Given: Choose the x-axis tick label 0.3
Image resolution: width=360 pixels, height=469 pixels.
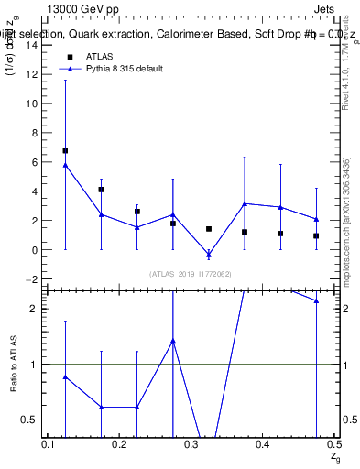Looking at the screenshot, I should coord(191,444).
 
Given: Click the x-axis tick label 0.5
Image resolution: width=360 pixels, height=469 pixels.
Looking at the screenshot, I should coord(333,444).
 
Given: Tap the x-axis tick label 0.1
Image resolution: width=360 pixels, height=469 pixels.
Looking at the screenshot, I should coord(49,444).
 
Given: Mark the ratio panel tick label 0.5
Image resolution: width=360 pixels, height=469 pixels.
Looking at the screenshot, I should coord(33,420).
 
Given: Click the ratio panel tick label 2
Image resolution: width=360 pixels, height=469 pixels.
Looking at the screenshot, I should coord(37,309).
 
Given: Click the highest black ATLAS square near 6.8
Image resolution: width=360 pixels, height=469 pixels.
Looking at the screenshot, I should coord(65,150).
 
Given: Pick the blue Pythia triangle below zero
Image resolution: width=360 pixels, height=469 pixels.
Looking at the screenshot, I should coord(209,254).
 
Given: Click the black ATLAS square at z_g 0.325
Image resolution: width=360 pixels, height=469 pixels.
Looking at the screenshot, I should coord(209,228).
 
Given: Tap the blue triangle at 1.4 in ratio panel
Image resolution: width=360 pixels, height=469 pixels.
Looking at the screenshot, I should coord(173,341).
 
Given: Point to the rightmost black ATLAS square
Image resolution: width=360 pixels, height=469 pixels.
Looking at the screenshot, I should coord(316,235).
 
